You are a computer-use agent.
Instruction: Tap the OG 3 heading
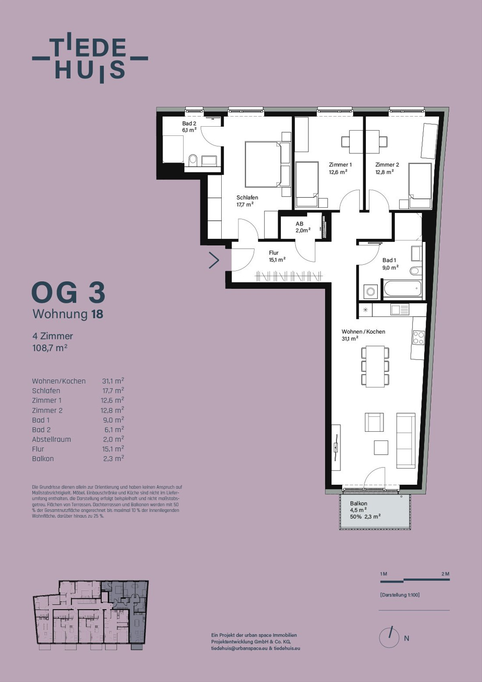[x=68, y=292]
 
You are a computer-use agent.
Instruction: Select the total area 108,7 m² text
[x=50, y=348]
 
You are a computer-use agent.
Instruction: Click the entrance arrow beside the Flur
[x=214, y=260]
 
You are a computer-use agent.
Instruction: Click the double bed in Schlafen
[x=263, y=164]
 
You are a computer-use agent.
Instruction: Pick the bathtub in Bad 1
[x=402, y=289]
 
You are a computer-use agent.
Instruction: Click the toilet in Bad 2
[x=193, y=160]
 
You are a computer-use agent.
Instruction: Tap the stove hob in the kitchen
[x=419, y=338]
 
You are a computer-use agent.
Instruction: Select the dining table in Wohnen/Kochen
[x=375, y=366]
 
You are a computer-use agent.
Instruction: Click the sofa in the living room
[x=406, y=440]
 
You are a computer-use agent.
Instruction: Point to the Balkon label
[x=358, y=503]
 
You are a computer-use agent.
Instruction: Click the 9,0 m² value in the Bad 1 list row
[x=113, y=420]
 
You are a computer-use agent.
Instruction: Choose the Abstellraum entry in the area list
[x=51, y=439]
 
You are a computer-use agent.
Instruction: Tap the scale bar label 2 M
[x=445, y=574]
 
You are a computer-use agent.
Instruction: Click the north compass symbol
[x=389, y=638]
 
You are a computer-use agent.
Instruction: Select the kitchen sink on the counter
[x=400, y=310]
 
